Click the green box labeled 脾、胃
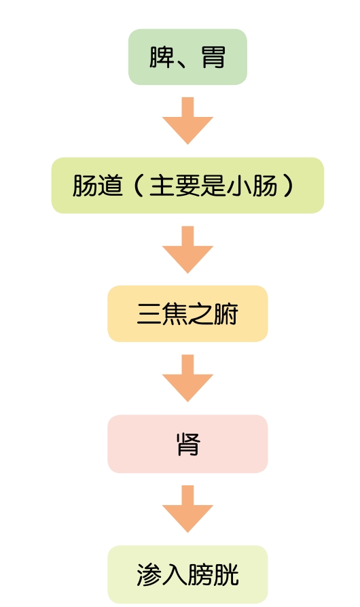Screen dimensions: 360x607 187,57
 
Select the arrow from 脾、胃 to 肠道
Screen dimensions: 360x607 187,120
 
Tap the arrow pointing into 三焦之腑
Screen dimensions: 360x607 187,249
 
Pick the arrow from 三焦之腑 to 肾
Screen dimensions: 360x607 187,378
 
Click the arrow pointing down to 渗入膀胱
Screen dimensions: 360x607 187,508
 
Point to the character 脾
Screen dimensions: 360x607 162,57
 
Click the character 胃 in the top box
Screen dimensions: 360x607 213,57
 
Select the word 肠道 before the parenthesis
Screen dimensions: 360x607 97,186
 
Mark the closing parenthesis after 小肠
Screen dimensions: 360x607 288,186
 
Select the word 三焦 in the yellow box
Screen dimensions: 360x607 162,313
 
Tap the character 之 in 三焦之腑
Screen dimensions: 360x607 200,313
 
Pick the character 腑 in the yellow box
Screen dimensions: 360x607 225,313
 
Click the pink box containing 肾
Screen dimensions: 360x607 187,444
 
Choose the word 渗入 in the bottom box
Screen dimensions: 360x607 162,574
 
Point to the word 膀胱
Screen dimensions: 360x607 213,574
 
